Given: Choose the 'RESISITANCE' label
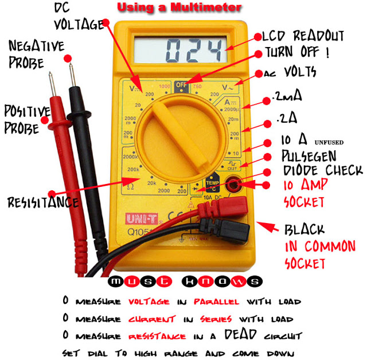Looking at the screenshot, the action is (42, 202).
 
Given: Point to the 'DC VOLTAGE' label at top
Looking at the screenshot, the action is (80, 16).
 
